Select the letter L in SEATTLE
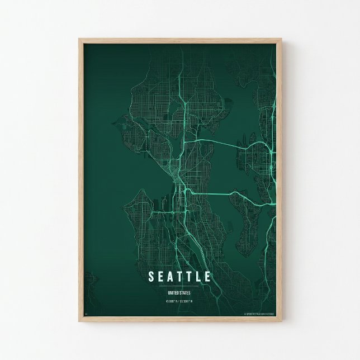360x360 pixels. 198,277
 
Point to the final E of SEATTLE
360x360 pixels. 208,277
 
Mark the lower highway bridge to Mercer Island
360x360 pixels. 212,192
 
